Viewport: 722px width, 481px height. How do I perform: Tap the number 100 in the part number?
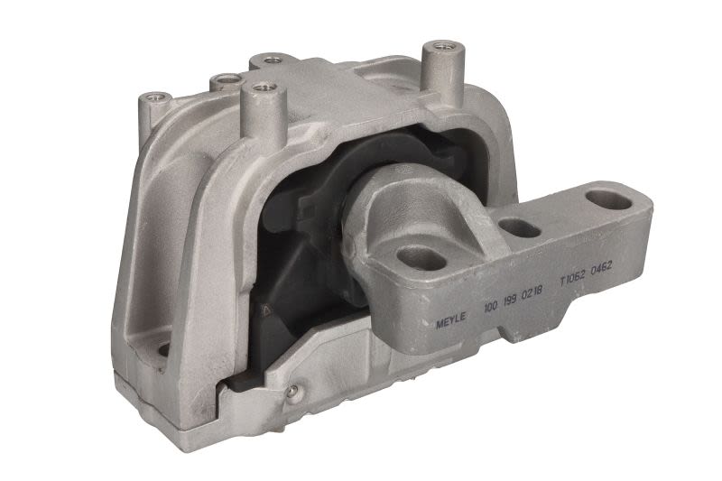point(490,307)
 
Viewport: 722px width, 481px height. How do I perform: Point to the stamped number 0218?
point(532,292)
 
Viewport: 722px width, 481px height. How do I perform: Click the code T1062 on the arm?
point(572,278)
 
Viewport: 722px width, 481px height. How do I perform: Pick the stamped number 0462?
point(601,268)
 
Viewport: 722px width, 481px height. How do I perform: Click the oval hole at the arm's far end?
point(608,200)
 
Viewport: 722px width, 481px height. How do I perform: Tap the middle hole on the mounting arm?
point(520,228)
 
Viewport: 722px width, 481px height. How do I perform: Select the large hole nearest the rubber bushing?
point(421,258)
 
